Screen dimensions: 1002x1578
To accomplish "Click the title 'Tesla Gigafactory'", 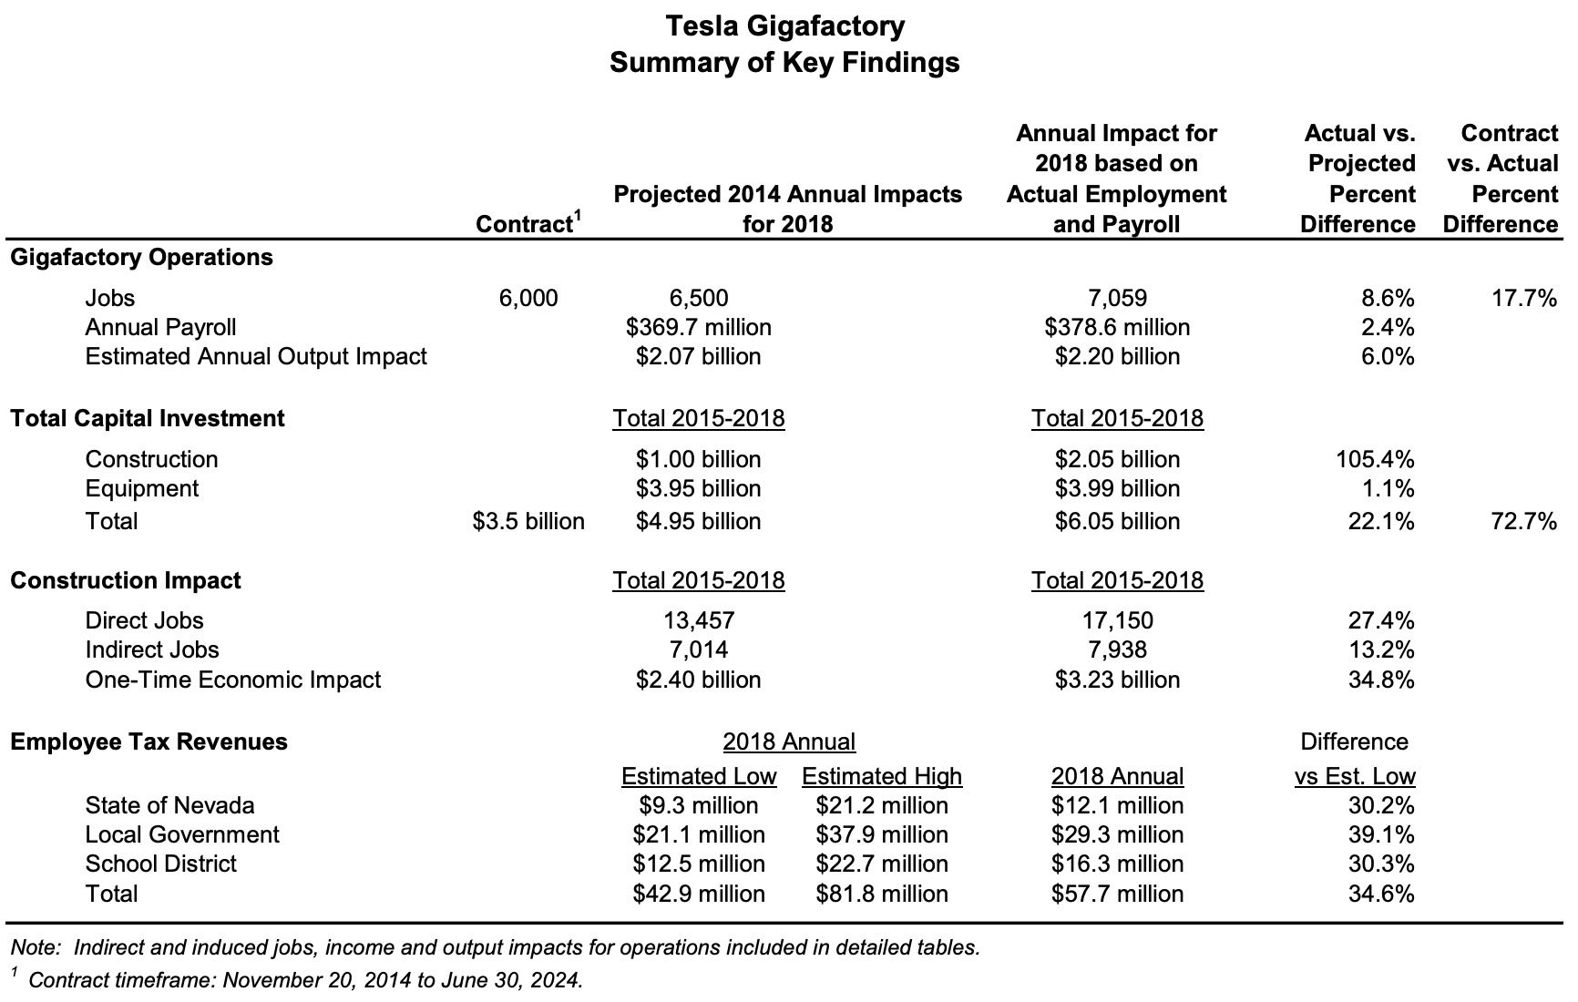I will (x=784, y=26).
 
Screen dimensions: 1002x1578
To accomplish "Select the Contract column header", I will (x=527, y=224).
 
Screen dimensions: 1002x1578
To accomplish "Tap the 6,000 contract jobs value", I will (x=528, y=298).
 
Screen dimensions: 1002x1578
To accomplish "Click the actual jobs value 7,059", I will (x=1116, y=298).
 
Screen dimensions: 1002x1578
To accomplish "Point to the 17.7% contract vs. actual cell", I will (x=1523, y=298).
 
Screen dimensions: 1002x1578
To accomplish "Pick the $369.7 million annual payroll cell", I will (x=698, y=327).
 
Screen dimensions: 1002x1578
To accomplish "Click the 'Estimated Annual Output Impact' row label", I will (x=255, y=356).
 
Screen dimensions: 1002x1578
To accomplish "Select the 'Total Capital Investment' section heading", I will (x=147, y=418).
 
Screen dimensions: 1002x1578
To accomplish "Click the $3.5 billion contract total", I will (x=528, y=521).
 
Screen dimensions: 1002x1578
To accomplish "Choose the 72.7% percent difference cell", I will (x=1523, y=521).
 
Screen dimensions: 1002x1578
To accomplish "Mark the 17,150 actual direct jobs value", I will (x=1116, y=620).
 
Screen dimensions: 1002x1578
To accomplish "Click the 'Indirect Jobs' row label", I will (x=152, y=649).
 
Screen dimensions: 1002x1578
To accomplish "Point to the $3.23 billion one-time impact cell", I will (x=1117, y=680).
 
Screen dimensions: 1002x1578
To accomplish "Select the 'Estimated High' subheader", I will (x=881, y=776).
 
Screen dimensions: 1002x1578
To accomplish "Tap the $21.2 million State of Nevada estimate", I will (x=881, y=805).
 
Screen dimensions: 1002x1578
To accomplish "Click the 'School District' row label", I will (x=160, y=864).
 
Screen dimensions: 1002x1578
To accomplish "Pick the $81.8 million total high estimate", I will (x=881, y=894).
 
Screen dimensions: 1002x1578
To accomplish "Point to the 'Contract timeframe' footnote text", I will (x=305, y=980).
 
